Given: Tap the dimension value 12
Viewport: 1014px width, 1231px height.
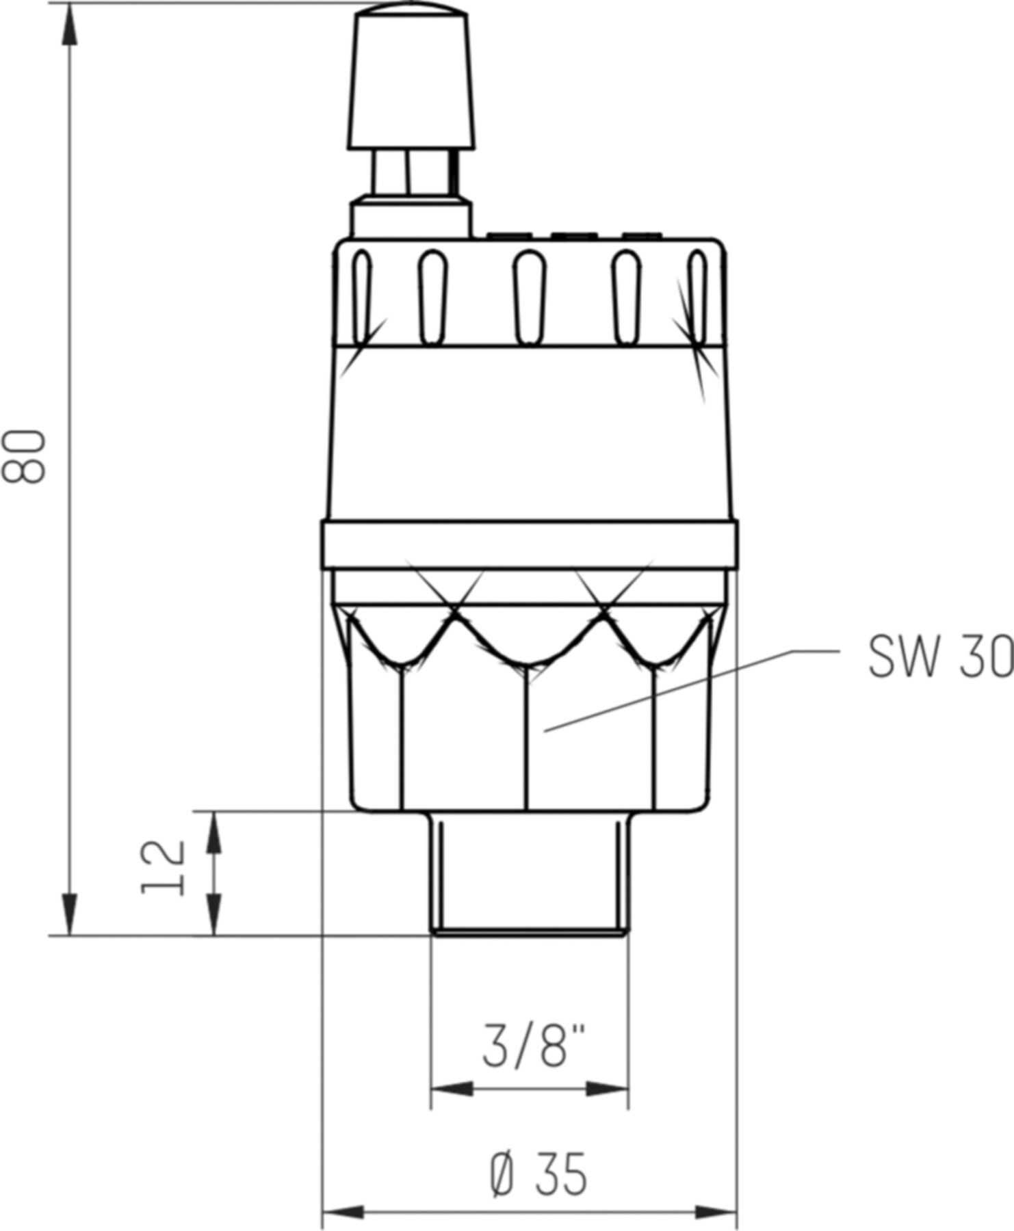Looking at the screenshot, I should pos(164,867).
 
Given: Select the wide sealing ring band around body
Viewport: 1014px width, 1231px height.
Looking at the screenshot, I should pos(529,544).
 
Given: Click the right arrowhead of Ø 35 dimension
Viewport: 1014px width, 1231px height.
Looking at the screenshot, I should pos(717,1213).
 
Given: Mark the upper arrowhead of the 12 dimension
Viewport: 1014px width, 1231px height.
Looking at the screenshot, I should pos(214,832).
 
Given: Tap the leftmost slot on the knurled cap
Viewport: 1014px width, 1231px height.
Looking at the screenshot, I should pos(363,297).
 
